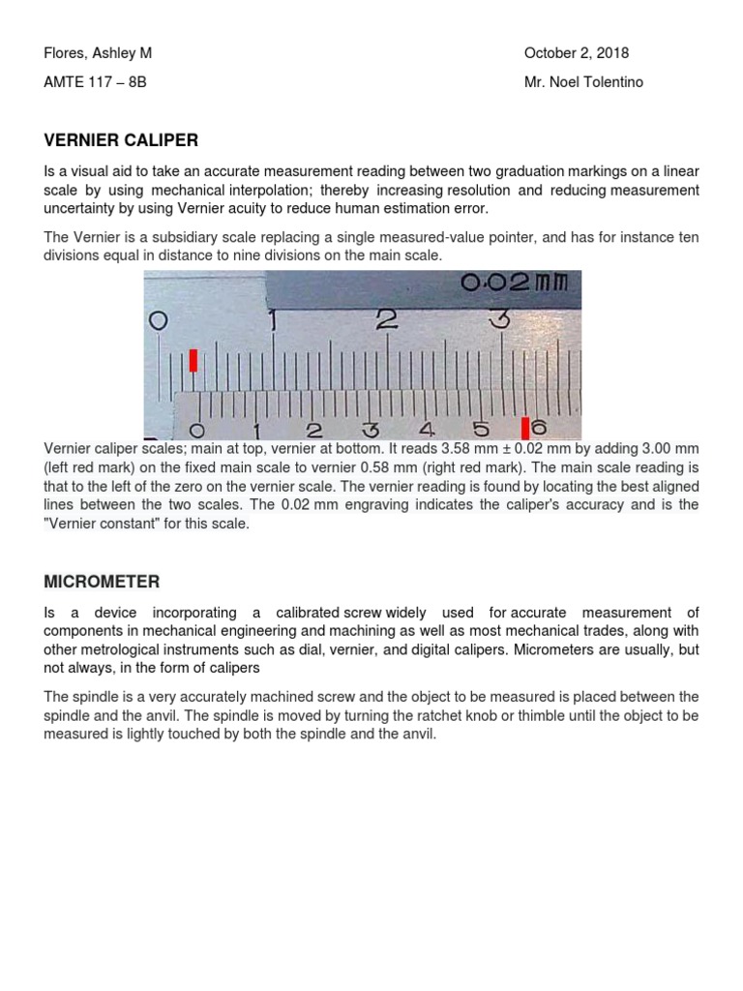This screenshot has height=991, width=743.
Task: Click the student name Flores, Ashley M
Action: pos(98,53)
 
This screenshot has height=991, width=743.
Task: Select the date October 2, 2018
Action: pos(576,53)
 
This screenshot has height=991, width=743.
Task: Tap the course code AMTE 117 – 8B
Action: pos(96,82)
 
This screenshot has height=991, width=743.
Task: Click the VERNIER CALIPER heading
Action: pos(121,140)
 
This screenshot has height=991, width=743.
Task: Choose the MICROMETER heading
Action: pos(102,582)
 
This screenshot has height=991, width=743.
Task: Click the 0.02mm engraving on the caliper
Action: pos(520,284)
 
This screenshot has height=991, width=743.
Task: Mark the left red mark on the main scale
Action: pos(193,360)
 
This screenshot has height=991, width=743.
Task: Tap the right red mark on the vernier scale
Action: pos(525,428)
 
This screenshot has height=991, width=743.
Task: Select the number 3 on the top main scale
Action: pos(499,318)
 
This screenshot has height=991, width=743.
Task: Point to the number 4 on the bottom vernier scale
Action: pos(426,430)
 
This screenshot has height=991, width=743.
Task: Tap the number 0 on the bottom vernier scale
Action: pos(198,430)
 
